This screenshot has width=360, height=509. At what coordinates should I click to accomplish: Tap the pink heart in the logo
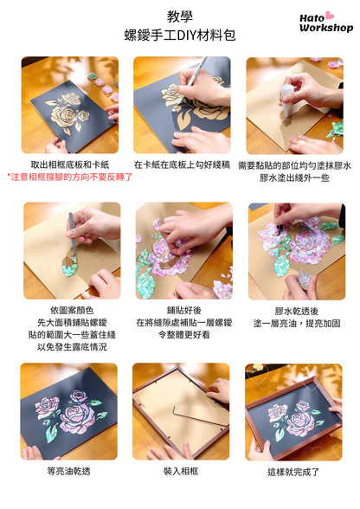[329, 15]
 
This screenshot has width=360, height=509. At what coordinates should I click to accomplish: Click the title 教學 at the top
[179, 16]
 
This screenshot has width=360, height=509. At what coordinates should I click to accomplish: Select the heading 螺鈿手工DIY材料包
[179, 36]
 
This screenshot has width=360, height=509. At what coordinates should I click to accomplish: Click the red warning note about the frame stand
[70, 176]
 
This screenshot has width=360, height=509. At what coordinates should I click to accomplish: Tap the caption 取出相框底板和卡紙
[70, 164]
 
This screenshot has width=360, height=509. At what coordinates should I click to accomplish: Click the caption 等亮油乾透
[69, 471]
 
